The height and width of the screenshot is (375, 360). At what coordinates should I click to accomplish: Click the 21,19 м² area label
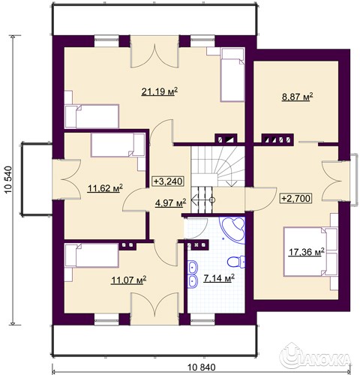pos(160,91)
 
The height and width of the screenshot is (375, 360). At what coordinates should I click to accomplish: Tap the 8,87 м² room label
pos(297,96)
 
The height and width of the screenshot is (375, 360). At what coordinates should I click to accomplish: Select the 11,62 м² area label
pos(105,188)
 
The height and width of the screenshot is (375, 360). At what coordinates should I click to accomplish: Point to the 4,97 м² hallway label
pos(171,202)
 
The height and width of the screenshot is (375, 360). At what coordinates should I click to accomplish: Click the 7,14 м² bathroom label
pos(219,277)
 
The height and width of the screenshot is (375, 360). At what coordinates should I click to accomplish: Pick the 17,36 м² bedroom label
pos(307,252)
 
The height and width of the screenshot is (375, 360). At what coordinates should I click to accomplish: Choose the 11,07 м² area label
pos(128,280)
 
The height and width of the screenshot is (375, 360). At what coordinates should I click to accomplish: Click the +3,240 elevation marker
pos(168,181)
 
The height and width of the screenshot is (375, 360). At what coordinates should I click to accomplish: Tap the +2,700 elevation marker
pos(296,198)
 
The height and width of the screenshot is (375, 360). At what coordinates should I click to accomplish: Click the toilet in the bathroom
pos(236,262)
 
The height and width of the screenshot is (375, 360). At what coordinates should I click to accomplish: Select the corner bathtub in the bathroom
pos(232,229)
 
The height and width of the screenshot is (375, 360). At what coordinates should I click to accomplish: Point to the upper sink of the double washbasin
pos(193,267)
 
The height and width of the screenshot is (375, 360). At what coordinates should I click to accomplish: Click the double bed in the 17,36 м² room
pos(310,252)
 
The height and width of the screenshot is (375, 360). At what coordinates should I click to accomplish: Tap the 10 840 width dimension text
pos(201,367)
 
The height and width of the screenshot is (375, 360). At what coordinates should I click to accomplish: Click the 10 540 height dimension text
pos(9,180)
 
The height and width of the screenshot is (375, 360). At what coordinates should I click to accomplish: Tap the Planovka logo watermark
pos(315,358)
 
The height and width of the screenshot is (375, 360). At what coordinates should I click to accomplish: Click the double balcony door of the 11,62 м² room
pos(65,179)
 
